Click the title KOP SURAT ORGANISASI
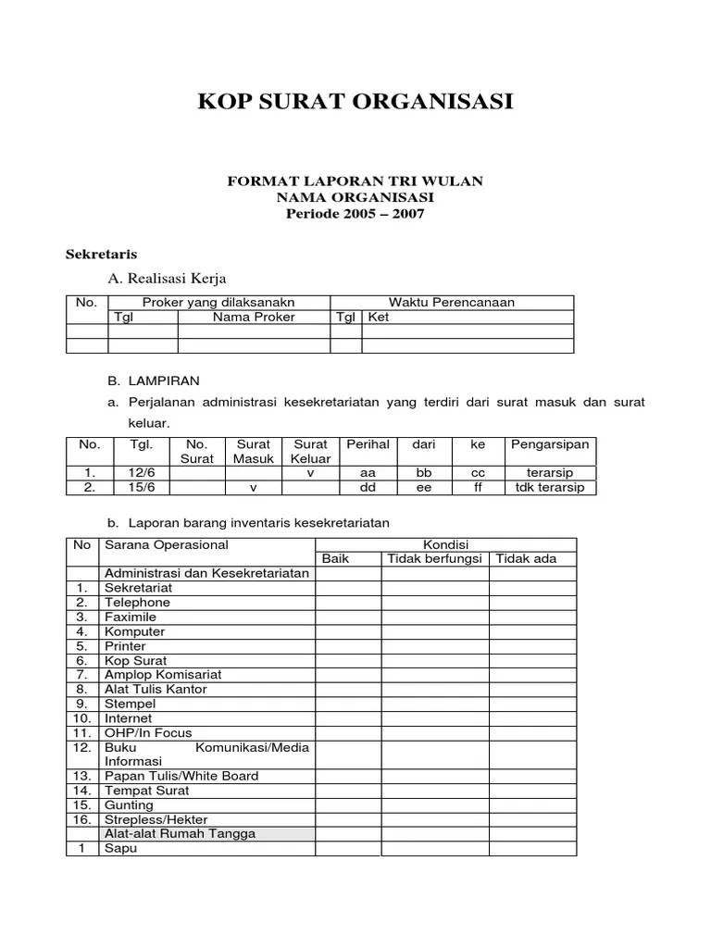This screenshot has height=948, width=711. click(355, 102)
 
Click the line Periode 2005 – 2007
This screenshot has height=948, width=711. click(355, 214)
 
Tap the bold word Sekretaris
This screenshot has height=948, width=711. click(102, 253)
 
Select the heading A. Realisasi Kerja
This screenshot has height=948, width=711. click(167, 278)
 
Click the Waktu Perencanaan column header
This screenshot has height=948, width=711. click(452, 302)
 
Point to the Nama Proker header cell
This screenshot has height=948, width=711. click(254, 317)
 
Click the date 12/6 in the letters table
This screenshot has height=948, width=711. click(142, 473)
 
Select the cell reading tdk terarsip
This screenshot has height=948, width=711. click(550, 488)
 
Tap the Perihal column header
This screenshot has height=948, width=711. click(368, 445)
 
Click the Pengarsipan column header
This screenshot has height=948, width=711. click(550, 445)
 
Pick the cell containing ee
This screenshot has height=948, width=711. click(424, 488)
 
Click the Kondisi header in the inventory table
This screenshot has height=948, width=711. click(446, 544)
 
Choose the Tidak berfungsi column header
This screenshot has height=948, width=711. click(435, 559)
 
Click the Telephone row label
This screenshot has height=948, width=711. click(137, 603)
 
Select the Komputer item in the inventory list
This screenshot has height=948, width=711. click(135, 631)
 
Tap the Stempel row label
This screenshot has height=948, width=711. click(131, 704)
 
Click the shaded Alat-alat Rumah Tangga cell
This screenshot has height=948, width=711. click(181, 833)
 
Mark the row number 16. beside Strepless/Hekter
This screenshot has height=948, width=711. click(82, 819)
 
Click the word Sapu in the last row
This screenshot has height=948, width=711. click(120, 848)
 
